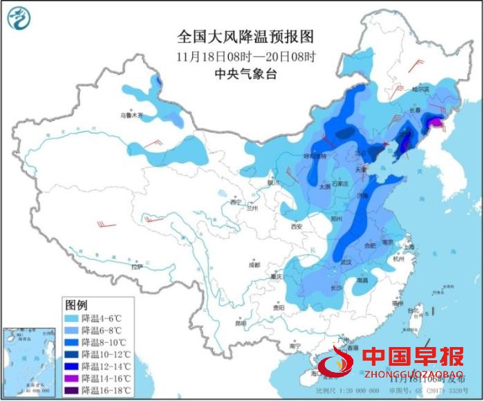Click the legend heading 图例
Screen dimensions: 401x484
(x=75, y=305)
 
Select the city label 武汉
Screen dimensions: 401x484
(x=346, y=262)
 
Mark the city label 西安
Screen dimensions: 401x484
(x=297, y=226)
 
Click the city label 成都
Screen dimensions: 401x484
(x=255, y=264)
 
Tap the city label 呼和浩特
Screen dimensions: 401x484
(x=324, y=156)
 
